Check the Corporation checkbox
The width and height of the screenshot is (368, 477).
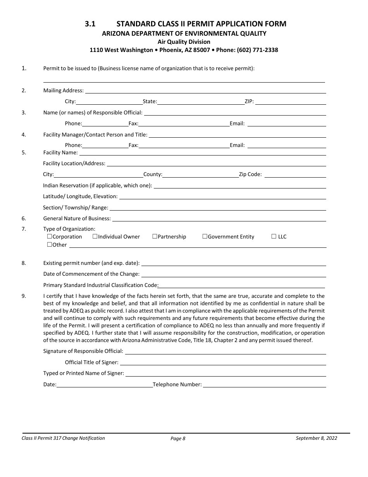click(x=50, y=237)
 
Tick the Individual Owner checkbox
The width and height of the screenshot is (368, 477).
click(x=95, y=237)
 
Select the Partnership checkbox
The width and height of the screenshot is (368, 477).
click(x=155, y=237)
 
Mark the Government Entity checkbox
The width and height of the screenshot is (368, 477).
click(x=205, y=237)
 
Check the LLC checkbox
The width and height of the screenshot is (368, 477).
click(x=274, y=237)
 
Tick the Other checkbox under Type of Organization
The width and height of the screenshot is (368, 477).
click(x=50, y=245)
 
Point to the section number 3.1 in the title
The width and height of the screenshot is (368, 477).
click(x=90, y=24)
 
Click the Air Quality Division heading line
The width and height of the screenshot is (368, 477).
click(x=184, y=42)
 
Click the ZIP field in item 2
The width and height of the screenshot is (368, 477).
click(x=290, y=102)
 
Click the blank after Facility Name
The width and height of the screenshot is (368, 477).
click(x=202, y=153)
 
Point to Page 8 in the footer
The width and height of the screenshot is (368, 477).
click(x=178, y=439)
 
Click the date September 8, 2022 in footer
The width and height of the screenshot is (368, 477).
click(x=316, y=438)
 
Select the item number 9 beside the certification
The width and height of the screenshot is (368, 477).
click(x=24, y=296)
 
